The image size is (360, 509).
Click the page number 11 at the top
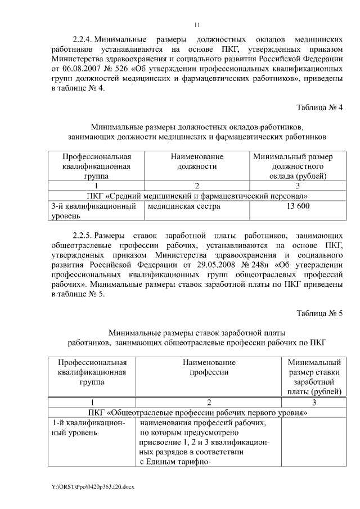pos(197,24)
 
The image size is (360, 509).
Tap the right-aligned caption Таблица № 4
pos(319,107)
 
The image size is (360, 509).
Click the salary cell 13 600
pos(298,206)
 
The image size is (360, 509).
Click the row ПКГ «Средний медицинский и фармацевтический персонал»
pos(197,196)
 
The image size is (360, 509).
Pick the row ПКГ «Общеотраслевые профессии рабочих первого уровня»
pos(197,412)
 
